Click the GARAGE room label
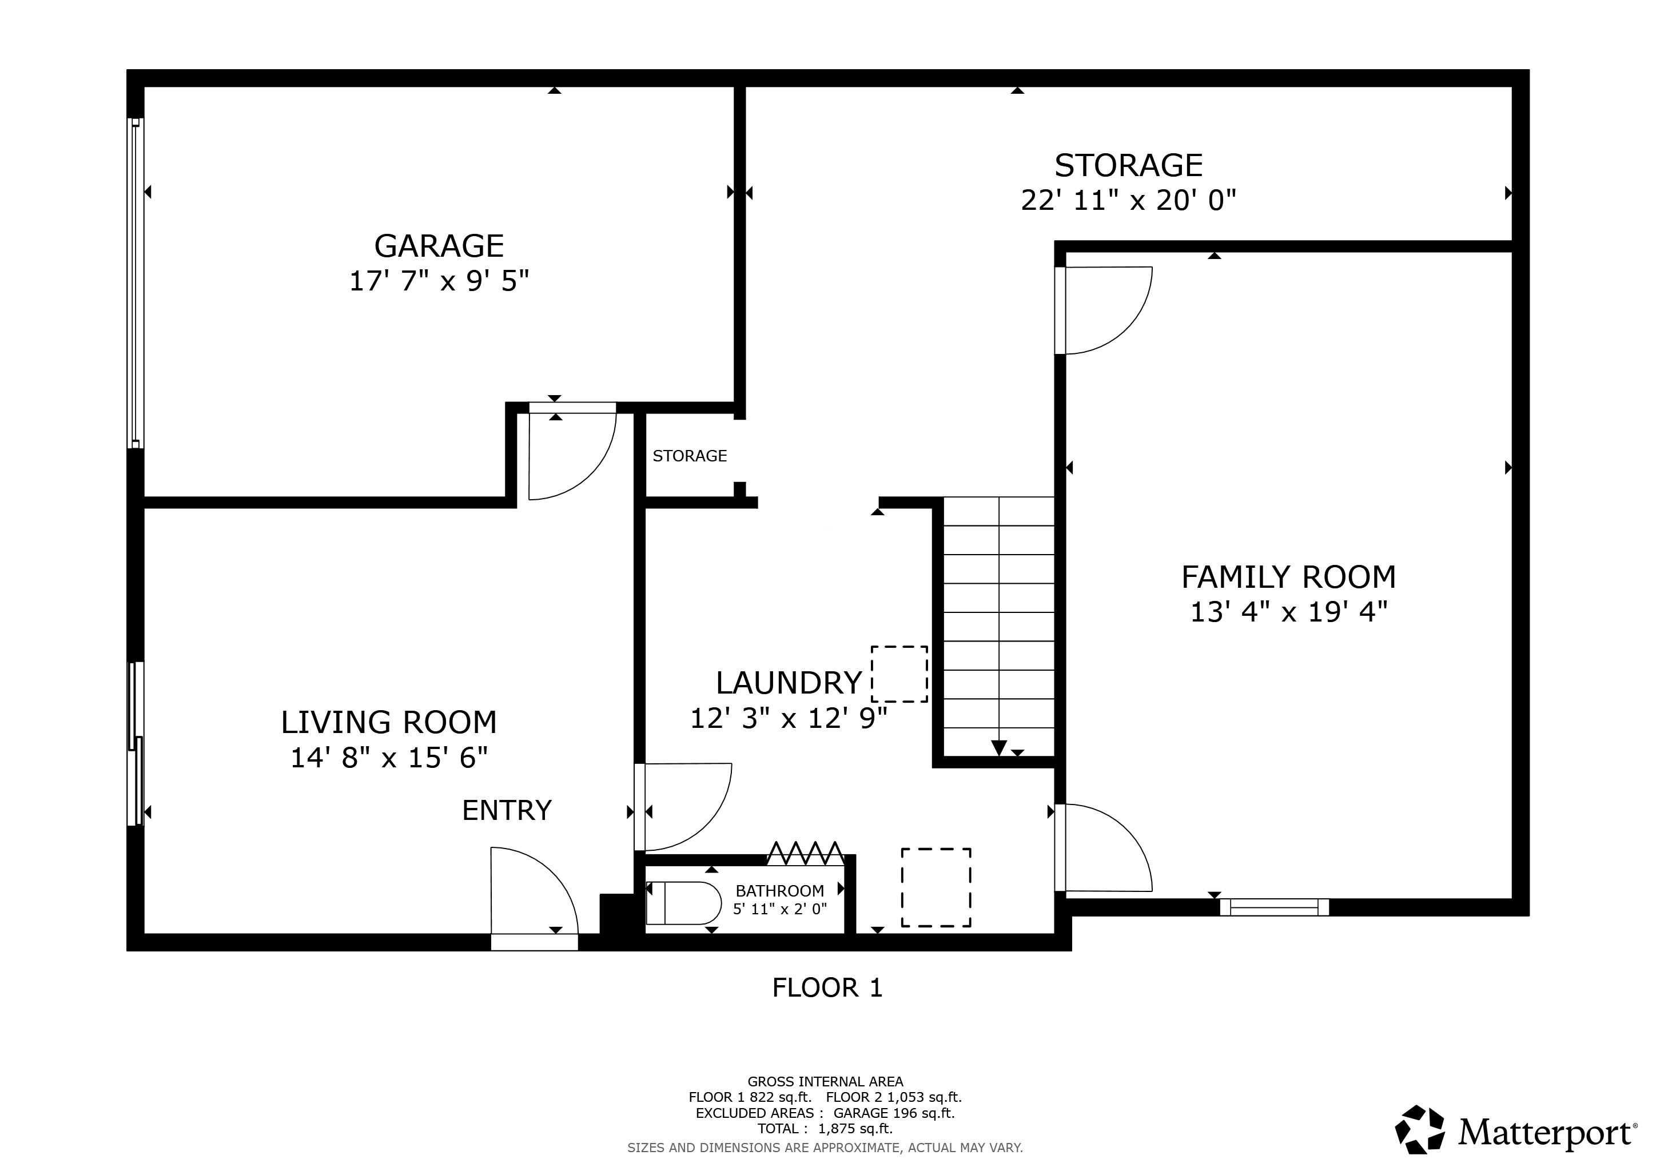[x=439, y=246]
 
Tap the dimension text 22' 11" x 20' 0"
[x=1128, y=200]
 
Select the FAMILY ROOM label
[x=1288, y=577]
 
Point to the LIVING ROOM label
[x=389, y=722]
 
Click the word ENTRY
[x=506, y=810]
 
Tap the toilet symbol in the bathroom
[x=682, y=903]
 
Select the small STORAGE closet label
[x=690, y=456]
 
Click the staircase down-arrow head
[x=998, y=748]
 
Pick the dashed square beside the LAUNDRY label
[x=899, y=674]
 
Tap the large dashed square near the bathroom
[x=936, y=887]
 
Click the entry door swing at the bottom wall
[x=534, y=893]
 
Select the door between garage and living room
[x=571, y=453]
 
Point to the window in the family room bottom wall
[x=1273, y=907]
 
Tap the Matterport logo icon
[x=1419, y=1129]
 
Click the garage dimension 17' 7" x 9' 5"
[x=439, y=281]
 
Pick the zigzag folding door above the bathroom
[x=805, y=853]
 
